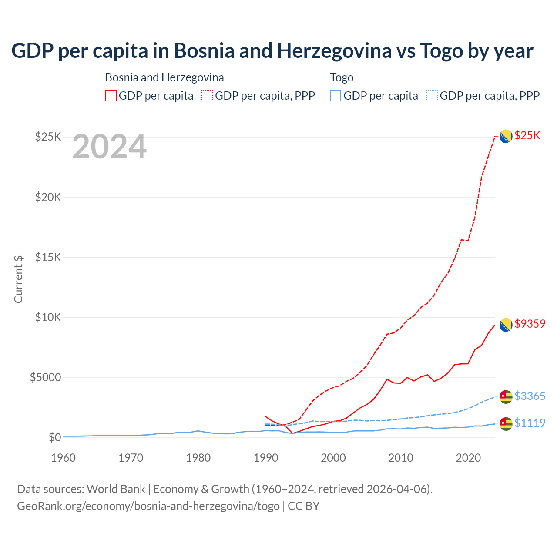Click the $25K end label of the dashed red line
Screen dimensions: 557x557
[527, 135]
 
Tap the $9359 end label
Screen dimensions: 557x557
[530, 324]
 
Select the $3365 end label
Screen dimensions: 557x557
[530, 396]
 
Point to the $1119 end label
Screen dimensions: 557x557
[530, 423]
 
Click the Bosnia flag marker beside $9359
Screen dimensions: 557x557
[506, 325]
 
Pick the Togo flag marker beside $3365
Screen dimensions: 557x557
[506, 396]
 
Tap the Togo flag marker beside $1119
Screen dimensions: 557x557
[506, 423]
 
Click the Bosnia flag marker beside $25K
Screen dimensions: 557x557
[506, 137]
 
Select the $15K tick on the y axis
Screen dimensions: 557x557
[48, 257]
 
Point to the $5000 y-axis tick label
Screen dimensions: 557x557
[45, 377]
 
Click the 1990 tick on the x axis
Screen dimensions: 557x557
[266, 458]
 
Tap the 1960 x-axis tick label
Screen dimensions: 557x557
[64, 458]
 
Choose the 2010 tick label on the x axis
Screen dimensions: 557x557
[401, 458]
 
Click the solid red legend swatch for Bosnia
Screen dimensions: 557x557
[111, 96]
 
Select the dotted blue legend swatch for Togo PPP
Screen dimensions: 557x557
[432, 96]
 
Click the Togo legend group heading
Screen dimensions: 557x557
[342, 77]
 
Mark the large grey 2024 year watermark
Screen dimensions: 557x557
[109, 147]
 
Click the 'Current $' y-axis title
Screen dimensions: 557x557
[18, 279]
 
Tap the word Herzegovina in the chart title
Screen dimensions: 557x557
[334, 50]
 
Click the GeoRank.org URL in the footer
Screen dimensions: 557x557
[148, 506]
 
